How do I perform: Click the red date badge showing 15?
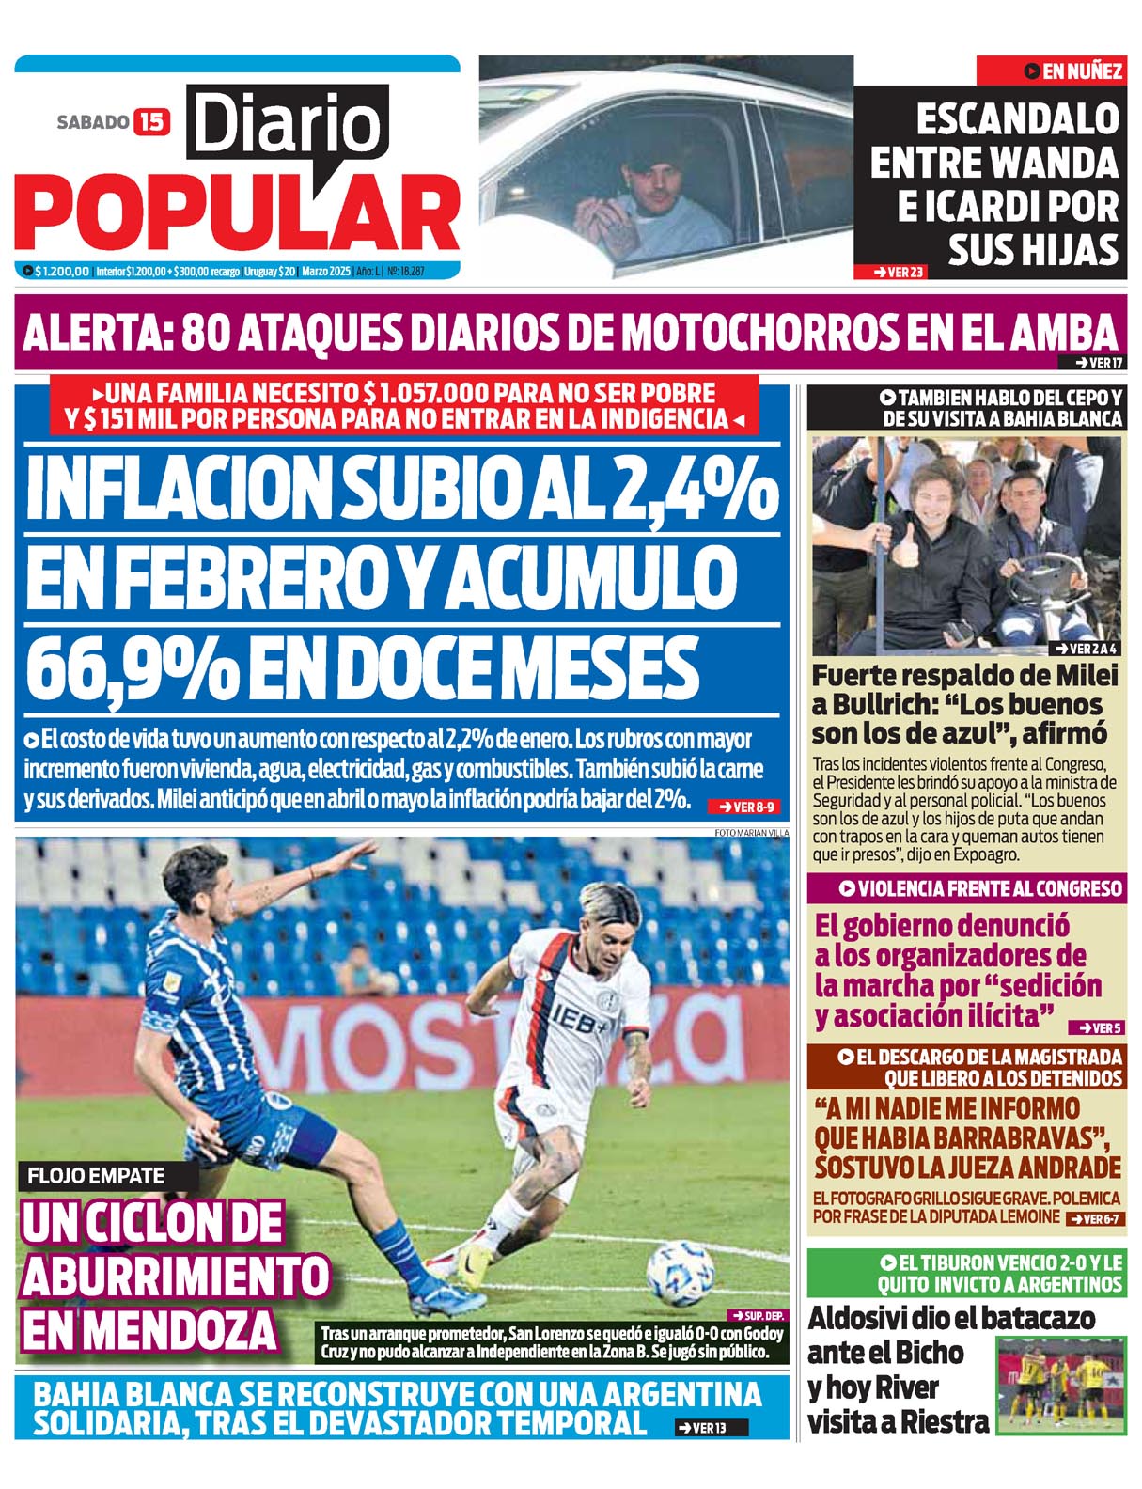pyautogui.click(x=151, y=121)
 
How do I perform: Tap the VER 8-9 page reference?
pyautogui.click(x=746, y=807)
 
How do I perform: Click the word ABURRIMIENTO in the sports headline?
pyautogui.click(x=175, y=1276)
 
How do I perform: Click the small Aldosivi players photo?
pyautogui.click(x=1060, y=1384)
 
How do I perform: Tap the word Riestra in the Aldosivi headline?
pyautogui.click(x=943, y=1421)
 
